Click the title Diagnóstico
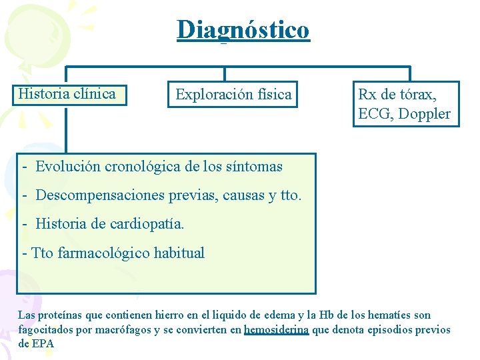click(x=243, y=30)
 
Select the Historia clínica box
click(x=67, y=94)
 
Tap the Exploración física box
click(x=233, y=95)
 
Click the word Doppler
click(x=425, y=114)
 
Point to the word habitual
click(x=179, y=253)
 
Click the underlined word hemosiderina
click(x=276, y=330)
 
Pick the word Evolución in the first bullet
click(x=68, y=167)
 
